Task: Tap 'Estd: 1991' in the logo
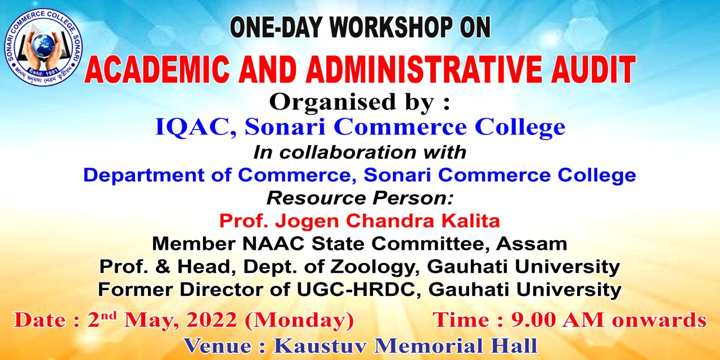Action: coord(43,71)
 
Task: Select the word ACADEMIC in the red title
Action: coord(157,70)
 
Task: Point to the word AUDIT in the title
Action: coord(593,70)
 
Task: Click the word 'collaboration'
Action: coord(348,152)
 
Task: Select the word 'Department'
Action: coord(144,175)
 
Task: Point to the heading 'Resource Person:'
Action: coord(359,198)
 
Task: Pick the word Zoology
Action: coord(375,267)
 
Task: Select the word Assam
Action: coord(532,244)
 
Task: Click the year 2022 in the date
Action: coord(212,320)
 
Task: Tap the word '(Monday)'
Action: coord(299,321)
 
